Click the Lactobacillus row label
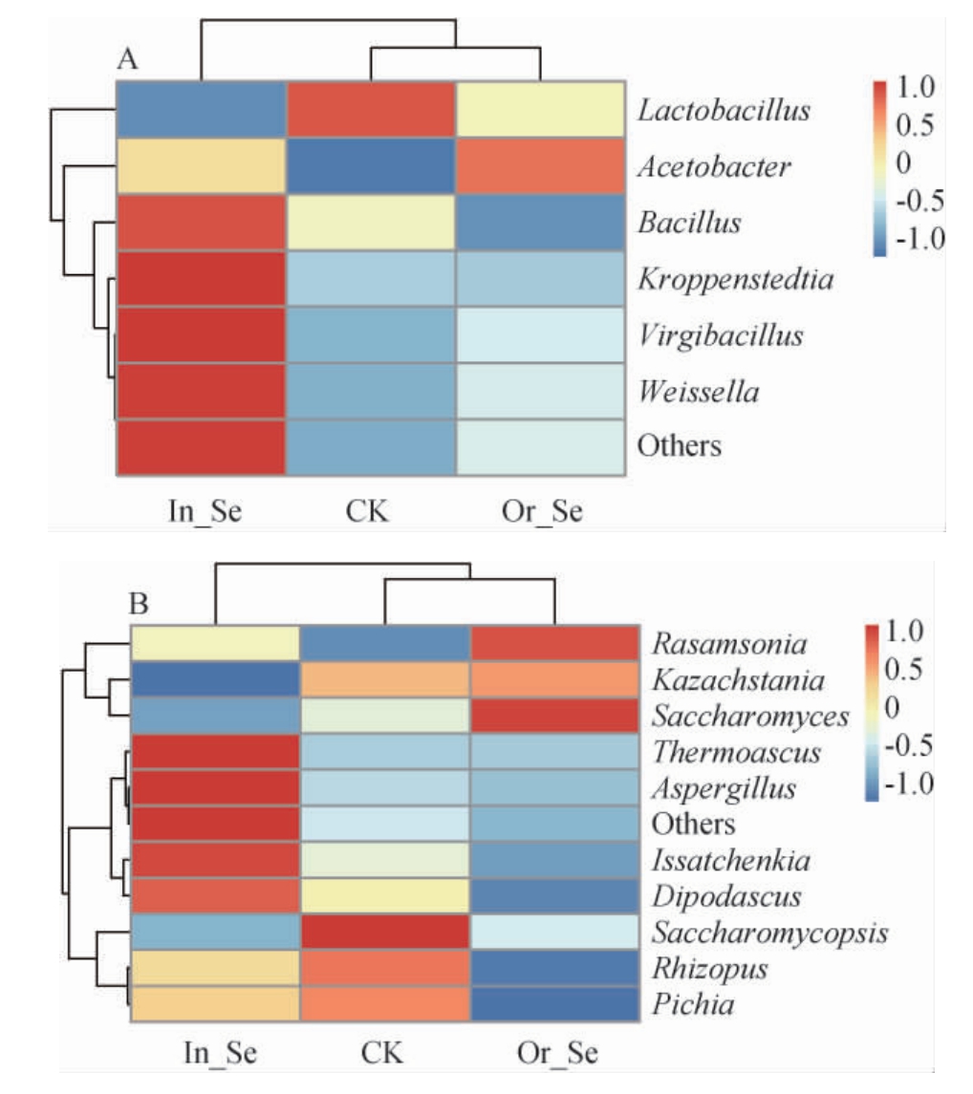point(724,111)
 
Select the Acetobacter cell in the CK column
point(371,167)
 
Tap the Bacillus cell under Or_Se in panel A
point(540,224)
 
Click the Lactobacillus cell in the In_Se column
point(202,111)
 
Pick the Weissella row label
point(701,392)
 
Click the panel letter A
point(128,60)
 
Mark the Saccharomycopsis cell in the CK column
point(384,933)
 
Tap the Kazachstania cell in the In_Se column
point(215,680)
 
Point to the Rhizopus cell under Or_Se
point(555,969)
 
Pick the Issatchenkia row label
point(731,860)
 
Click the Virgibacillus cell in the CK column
point(371,336)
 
